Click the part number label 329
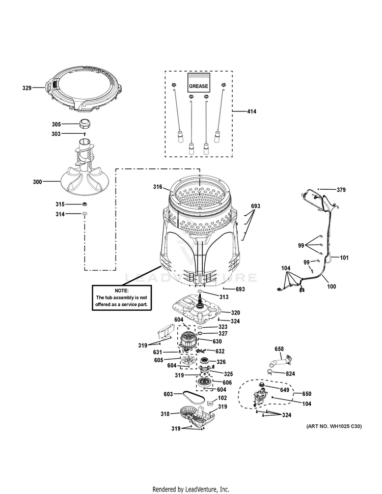(26, 88)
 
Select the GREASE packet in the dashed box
(198, 83)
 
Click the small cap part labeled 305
(85, 124)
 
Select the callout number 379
(341, 190)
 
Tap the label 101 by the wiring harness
(344, 257)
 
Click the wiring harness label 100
(331, 286)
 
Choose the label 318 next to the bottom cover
(165, 414)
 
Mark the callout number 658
(279, 349)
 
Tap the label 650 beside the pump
(306, 394)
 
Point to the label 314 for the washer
(60, 214)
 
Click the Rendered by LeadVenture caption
(190, 489)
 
